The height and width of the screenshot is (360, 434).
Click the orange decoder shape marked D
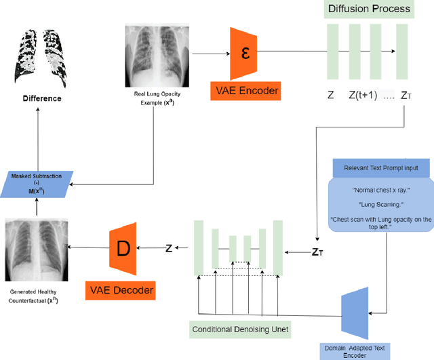coord(123,248)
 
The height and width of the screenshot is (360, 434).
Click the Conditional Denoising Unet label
coord(241,330)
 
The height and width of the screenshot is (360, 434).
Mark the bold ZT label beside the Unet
coord(317,252)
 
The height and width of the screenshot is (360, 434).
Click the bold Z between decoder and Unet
coord(170,248)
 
